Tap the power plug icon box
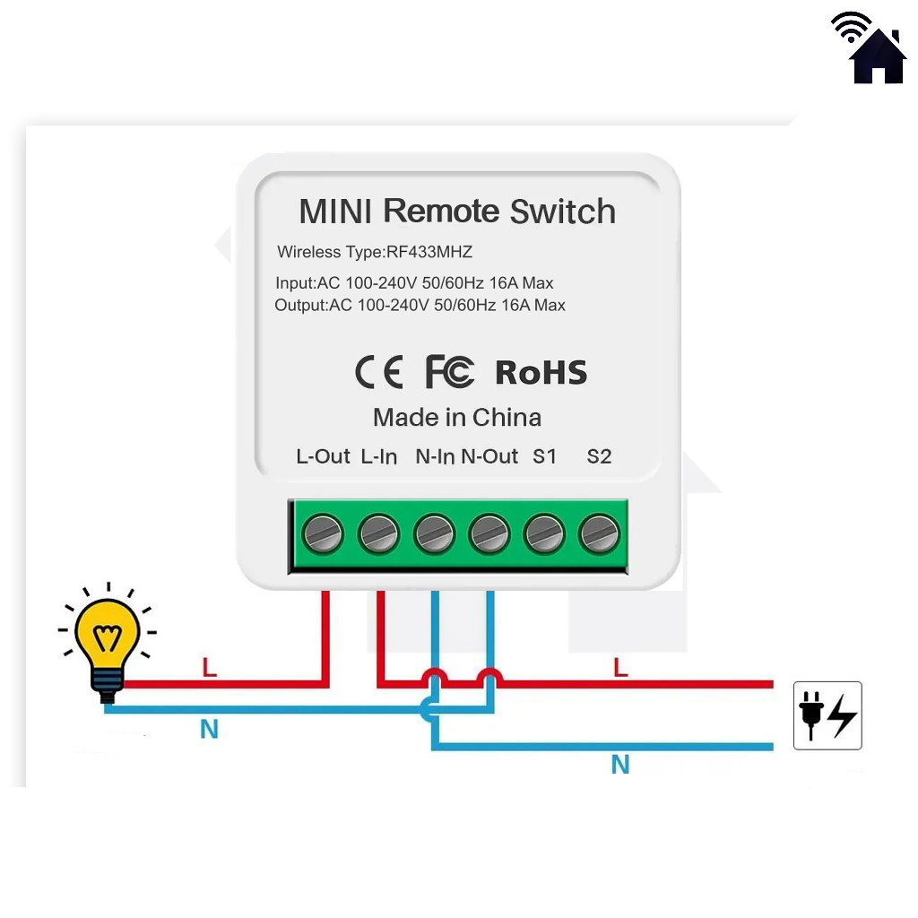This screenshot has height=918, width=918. [827, 715]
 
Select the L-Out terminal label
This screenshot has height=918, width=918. [323, 456]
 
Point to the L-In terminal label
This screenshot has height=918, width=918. [379, 456]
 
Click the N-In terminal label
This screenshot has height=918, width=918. [436, 456]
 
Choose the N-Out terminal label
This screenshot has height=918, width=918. [489, 456]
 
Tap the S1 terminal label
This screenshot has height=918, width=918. [545, 456]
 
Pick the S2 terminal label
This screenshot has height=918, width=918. [599, 456]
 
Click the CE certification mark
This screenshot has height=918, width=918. [379, 372]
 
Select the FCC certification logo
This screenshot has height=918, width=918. [449, 372]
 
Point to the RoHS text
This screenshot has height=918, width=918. [541, 373]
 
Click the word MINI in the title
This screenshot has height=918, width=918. [336, 212]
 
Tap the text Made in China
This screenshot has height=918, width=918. [457, 418]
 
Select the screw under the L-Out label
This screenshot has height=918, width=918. [323, 535]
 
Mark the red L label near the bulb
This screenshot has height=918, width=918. [210, 668]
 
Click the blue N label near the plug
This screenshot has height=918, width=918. [620, 765]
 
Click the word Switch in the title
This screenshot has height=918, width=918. [563, 212]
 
